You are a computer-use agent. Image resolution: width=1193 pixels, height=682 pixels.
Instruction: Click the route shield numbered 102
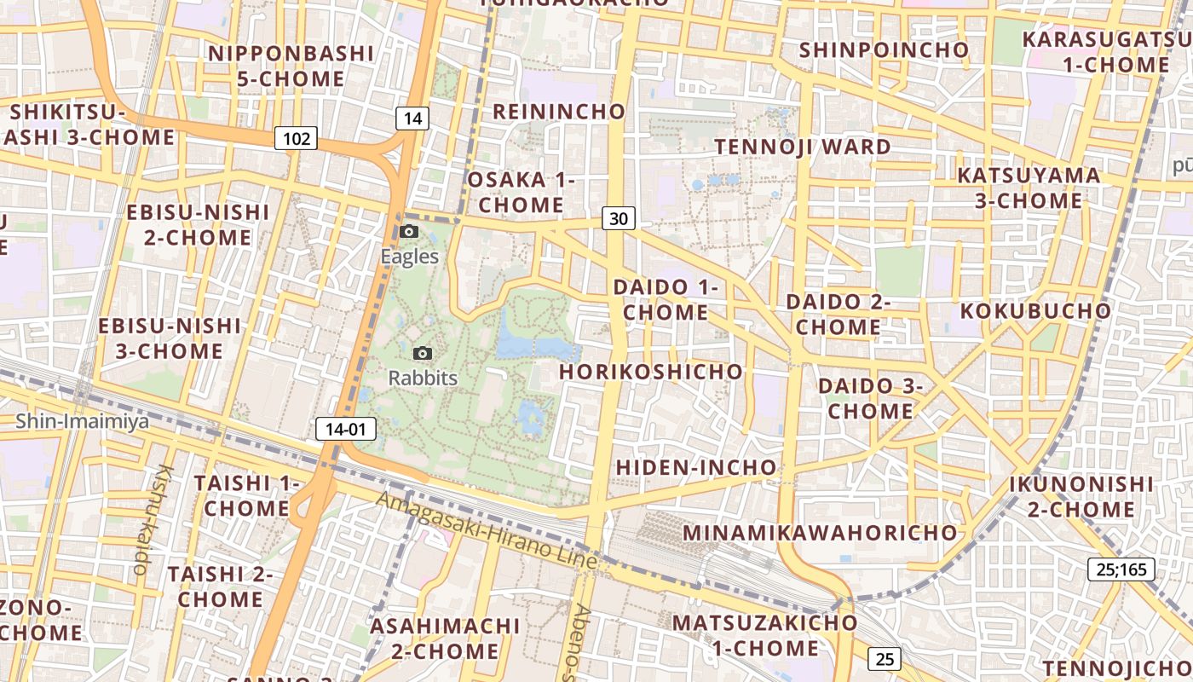[296, 138]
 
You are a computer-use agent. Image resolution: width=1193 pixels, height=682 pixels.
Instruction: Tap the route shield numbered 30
[619, 218]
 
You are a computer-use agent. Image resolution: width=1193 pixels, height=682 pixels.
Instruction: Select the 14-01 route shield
[345, 429]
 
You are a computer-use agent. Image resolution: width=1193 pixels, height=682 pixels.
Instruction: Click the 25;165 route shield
[1121, 569]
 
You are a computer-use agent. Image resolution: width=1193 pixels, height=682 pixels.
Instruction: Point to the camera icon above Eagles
[409, 232]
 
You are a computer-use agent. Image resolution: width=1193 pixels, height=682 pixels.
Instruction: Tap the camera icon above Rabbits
[422, 353]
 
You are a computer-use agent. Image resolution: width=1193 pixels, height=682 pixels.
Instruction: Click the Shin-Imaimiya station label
[82, 420]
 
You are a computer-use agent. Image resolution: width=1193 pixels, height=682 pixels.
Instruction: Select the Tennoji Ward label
[803, 147]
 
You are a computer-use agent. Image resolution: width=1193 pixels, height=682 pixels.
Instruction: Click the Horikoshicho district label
[651, 372]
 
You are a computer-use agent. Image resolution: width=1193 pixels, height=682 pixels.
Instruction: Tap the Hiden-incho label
[696, 467]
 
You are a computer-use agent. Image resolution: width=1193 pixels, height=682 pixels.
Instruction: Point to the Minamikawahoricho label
[821, 533]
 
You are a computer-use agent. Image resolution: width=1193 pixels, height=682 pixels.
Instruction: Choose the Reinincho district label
[559, 112]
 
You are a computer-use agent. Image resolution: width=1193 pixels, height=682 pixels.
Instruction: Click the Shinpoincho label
[884, 50]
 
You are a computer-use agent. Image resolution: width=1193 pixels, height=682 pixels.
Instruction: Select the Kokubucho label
[1036, 310]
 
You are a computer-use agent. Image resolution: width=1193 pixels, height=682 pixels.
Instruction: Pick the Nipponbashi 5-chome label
[291, 66]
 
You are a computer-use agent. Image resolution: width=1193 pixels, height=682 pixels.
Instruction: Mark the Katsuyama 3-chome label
[1029, 188]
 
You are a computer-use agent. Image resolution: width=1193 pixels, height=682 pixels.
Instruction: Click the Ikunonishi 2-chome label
[1081, 497]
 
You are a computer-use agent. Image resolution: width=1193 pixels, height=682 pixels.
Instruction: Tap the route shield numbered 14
[412, 118]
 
